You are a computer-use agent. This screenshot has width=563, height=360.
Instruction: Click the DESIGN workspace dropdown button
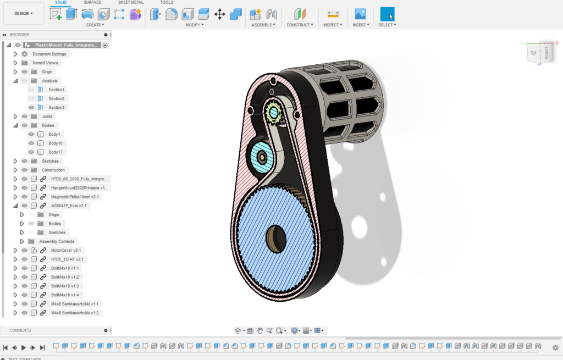tap(24, 13)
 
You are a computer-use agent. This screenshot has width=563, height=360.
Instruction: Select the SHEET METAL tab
tap(130, 3)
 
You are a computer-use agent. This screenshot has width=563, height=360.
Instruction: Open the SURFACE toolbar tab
tap(92, 3)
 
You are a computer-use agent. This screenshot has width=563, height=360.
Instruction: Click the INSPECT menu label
tap(333, 25)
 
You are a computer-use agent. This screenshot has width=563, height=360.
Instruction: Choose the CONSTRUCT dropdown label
tap(300, 25)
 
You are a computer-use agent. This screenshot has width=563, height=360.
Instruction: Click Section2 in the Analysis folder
tap(56, 98)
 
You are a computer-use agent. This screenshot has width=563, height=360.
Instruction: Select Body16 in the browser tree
tap(56, 143)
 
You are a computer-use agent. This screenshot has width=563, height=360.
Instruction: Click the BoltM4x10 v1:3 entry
tap(65, 286)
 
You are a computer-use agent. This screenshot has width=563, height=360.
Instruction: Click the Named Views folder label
tap(45, 63)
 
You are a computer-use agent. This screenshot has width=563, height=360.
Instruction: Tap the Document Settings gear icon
tap(25, 54)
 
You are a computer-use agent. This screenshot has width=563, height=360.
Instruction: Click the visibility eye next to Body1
tap(31, 134)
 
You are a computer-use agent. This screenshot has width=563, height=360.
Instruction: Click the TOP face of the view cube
tap(533, 53)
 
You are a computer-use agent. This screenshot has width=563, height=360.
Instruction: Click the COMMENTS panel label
tap(20, 330)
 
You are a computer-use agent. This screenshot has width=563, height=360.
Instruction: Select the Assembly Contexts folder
tap(57, 241)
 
